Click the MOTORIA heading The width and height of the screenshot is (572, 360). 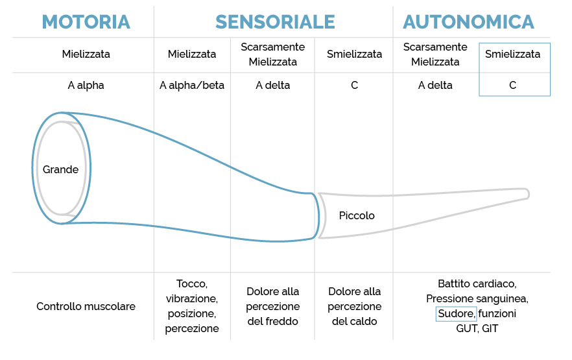(86, 22)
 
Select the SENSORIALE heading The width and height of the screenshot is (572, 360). (275, 22)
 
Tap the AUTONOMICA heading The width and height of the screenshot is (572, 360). (468, 22)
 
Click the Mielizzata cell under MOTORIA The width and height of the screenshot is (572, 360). (86, 54)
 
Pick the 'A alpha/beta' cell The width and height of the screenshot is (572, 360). (192, 86)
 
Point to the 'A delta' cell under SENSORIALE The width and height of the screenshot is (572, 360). (273, 86)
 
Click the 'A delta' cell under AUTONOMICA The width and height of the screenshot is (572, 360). (435, 86)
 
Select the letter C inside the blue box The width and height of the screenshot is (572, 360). (512, 86)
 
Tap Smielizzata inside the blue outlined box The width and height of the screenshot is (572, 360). (512, 54)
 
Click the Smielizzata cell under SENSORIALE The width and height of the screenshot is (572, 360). (354, 54)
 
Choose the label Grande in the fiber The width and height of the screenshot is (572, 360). (60, 169)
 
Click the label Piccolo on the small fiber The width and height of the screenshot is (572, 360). (357, 215)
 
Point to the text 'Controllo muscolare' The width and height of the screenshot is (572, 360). (86, 306)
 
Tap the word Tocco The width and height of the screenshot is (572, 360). (192, 283)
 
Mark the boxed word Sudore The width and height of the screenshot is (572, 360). (457, 314)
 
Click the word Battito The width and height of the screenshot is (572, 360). (452, 283)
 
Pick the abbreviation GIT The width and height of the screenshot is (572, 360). (490, 329)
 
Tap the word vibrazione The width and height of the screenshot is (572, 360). (192, 299)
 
